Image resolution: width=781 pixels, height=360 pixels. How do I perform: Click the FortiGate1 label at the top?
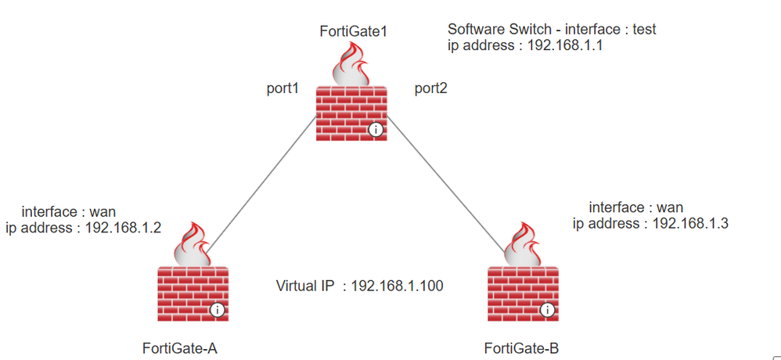(354, 32)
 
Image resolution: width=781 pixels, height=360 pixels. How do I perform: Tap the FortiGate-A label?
(179, 347)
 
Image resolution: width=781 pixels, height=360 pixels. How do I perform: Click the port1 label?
(283, 88)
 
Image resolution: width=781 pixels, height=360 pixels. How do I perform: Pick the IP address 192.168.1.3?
(689, 223)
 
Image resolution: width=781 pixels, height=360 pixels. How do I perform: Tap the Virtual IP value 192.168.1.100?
(398, 286)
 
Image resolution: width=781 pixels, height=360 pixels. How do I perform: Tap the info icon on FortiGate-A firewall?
(218, 310)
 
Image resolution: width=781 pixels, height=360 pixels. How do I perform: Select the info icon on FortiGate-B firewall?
(547, 310)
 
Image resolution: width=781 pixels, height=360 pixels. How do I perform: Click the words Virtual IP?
(306, 286)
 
